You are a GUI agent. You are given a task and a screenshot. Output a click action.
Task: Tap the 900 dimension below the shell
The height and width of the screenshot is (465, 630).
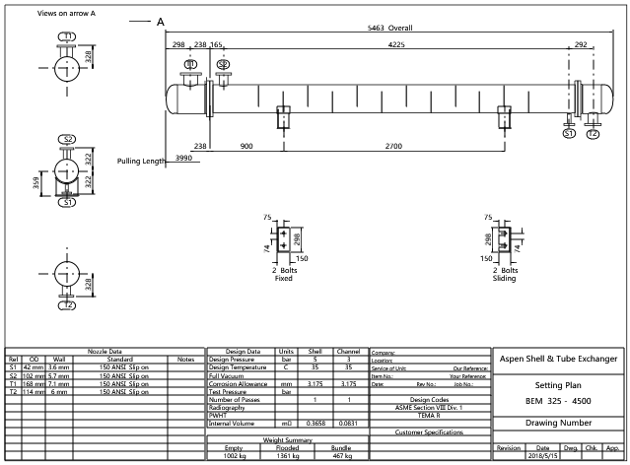click(x=246, y=146)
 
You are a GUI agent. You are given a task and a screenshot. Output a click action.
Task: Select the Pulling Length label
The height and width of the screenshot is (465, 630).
click(x=141, y=161)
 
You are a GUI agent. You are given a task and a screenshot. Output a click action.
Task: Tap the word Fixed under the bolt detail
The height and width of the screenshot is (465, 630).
click(x=283, y=278)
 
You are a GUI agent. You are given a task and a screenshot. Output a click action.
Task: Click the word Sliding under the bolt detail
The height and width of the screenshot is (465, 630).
click(x=504, y=278)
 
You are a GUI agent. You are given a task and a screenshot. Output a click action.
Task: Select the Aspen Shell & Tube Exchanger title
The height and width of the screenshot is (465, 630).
click(x=558, y=360)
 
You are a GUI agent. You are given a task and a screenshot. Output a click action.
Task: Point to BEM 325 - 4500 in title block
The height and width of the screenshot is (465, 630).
click(x=558, y=402)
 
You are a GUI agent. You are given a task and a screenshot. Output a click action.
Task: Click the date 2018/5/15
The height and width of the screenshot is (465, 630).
click(x=542, y=457)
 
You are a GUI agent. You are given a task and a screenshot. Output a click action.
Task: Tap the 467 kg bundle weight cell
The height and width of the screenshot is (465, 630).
click(x=340, y=457)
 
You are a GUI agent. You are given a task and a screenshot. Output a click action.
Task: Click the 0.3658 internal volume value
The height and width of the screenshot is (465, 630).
click(x=315, y=423)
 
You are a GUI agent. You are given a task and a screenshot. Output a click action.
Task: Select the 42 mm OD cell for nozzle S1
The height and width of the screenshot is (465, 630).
click(x=34, y=367)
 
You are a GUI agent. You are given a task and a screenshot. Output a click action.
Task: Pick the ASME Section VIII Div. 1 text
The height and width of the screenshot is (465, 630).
click(x=429, y=407)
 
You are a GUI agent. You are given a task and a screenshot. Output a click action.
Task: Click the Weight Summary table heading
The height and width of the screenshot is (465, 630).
click(x=287, y=440)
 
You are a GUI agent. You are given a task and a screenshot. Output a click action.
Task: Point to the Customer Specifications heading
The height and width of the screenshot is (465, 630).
click(x=429, y=432)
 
